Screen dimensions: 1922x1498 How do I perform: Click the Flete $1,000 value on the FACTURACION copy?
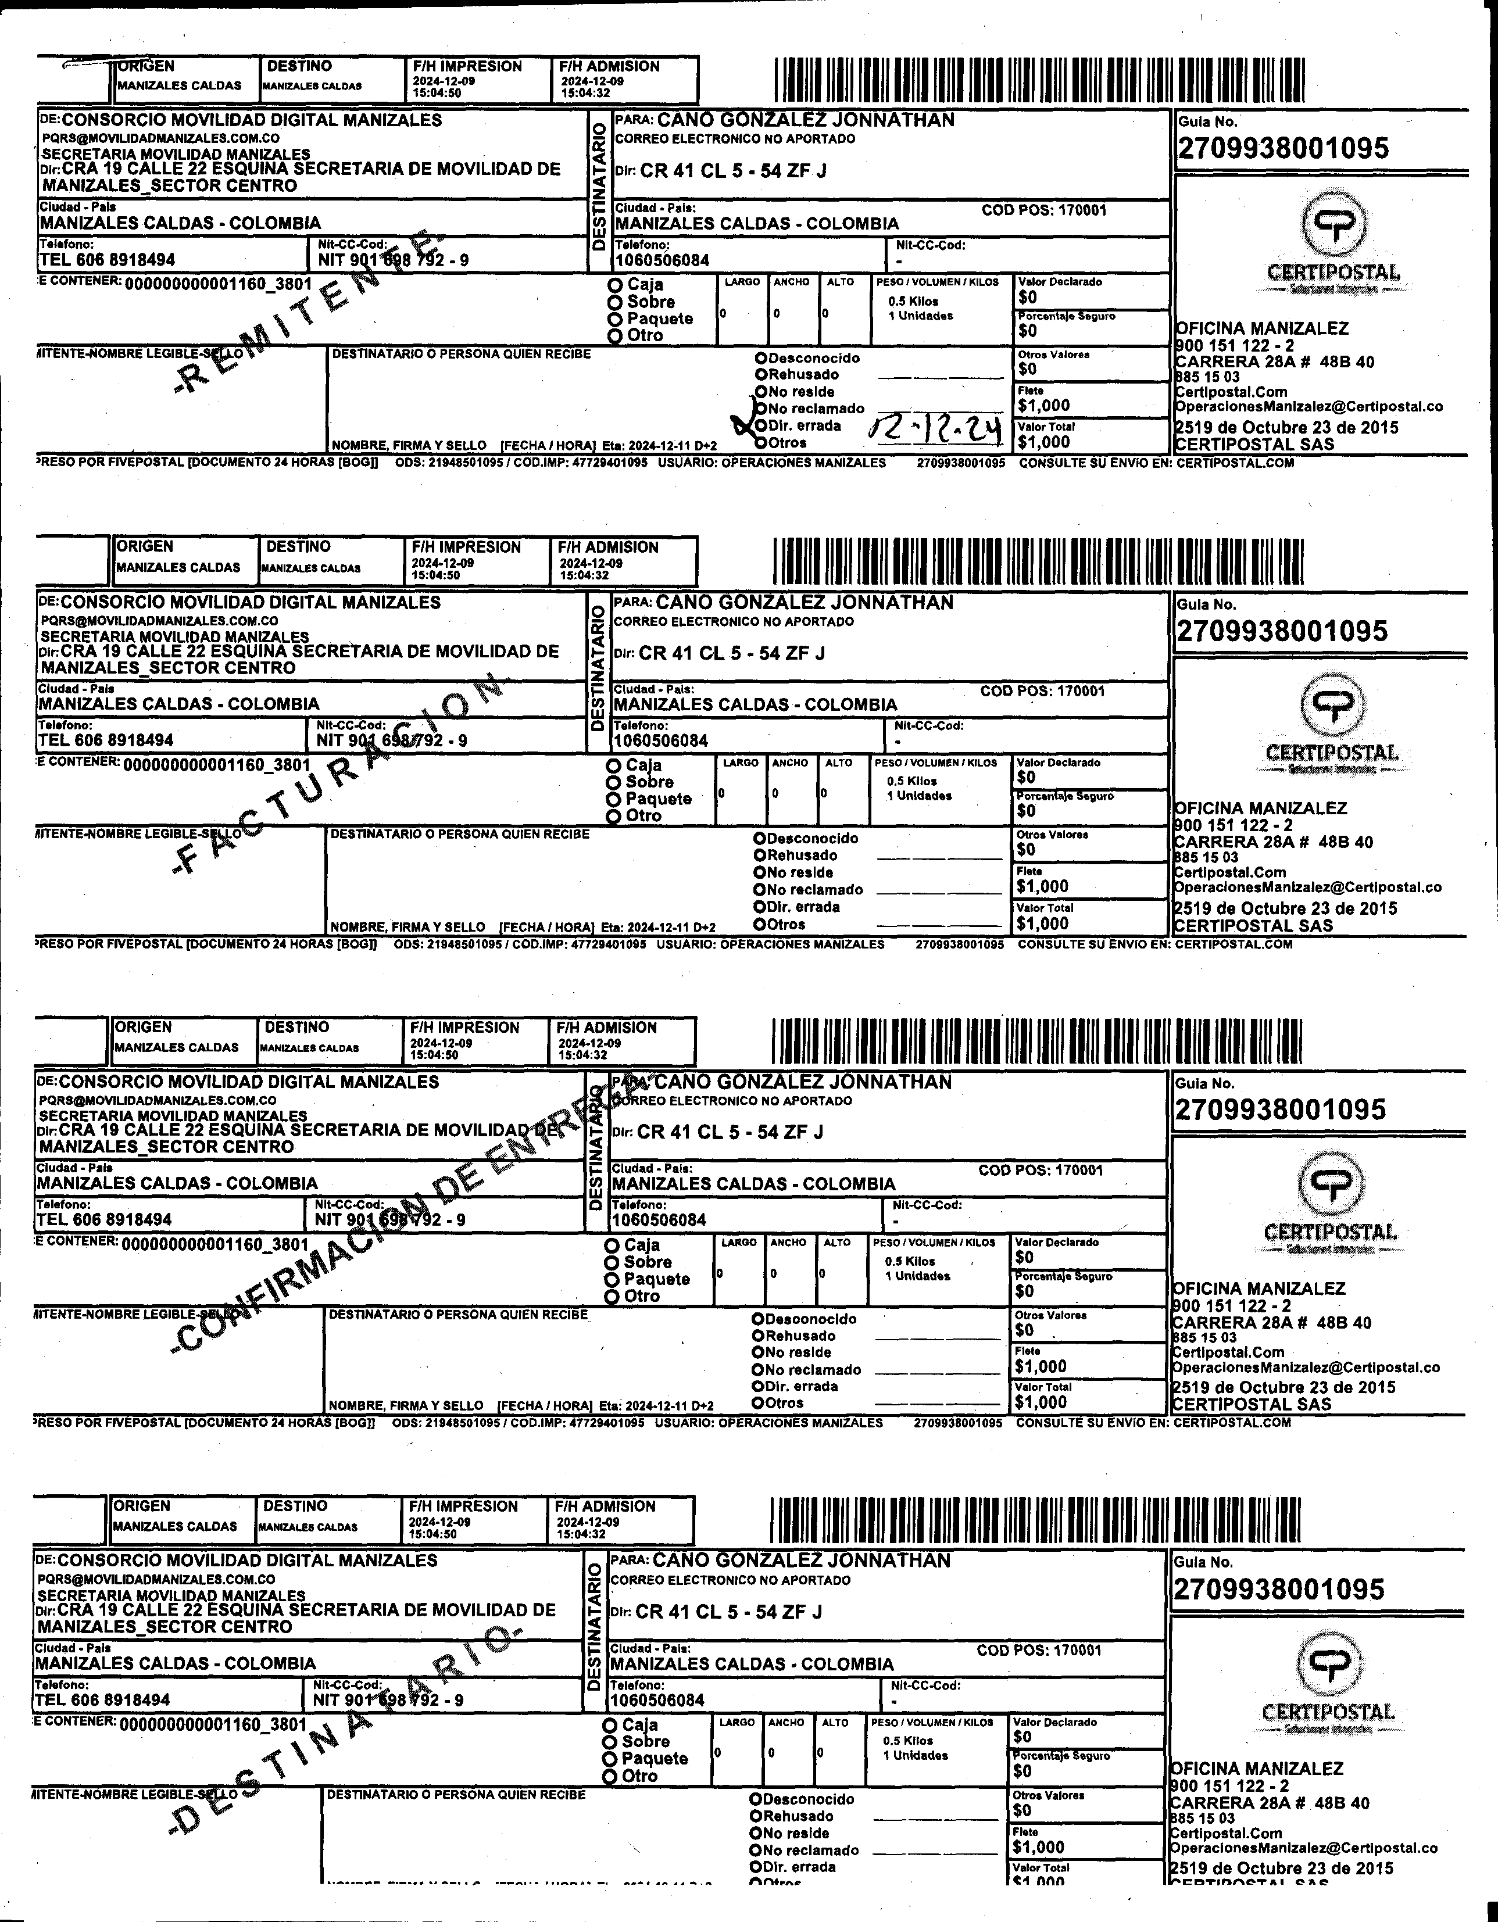pos(1042,886)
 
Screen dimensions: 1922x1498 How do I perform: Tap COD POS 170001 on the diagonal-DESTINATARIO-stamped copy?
pos(1039,1650)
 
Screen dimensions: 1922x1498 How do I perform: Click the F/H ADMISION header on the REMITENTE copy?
pos(609,67)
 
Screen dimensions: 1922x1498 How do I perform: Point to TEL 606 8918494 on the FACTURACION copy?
pos(106,740)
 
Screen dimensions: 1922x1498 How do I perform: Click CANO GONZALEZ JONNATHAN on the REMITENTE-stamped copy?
pos(805,120)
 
